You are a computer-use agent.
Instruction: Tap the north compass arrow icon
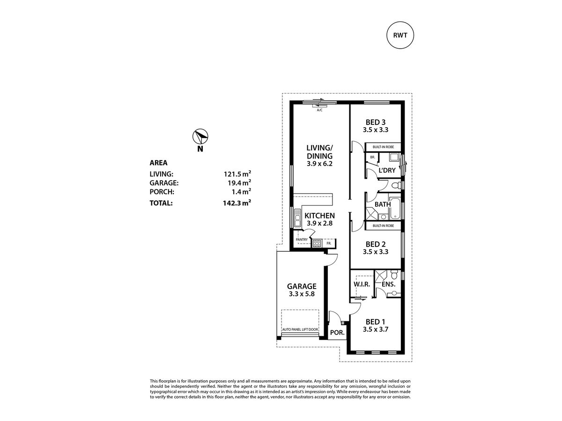(x=200, y=137)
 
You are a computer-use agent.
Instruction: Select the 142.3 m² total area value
(x=237, y=203)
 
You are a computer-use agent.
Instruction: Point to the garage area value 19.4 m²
(x=237, y=183)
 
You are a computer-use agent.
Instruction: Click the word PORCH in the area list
(x=162, y=192)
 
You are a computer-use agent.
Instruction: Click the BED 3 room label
(x=376, y=123)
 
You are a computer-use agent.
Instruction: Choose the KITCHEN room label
(x=319, y=216)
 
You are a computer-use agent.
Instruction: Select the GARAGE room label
(x=302, y=286)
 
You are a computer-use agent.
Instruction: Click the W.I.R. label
(x=362, y=284)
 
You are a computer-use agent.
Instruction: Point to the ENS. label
(x=389, y=284)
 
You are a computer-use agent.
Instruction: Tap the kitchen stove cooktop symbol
(x=317, y=243)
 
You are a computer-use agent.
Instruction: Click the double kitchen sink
(x=297, y=218)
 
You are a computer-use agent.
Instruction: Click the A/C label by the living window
(x=319, y=110)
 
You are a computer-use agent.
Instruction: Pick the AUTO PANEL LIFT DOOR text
(x=300, y=330)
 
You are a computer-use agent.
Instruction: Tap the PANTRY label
(x=301, y=240)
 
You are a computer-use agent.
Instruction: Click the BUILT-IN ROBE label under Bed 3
(x=383, y=146)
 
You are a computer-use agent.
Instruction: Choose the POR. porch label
(x=338, y=333)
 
